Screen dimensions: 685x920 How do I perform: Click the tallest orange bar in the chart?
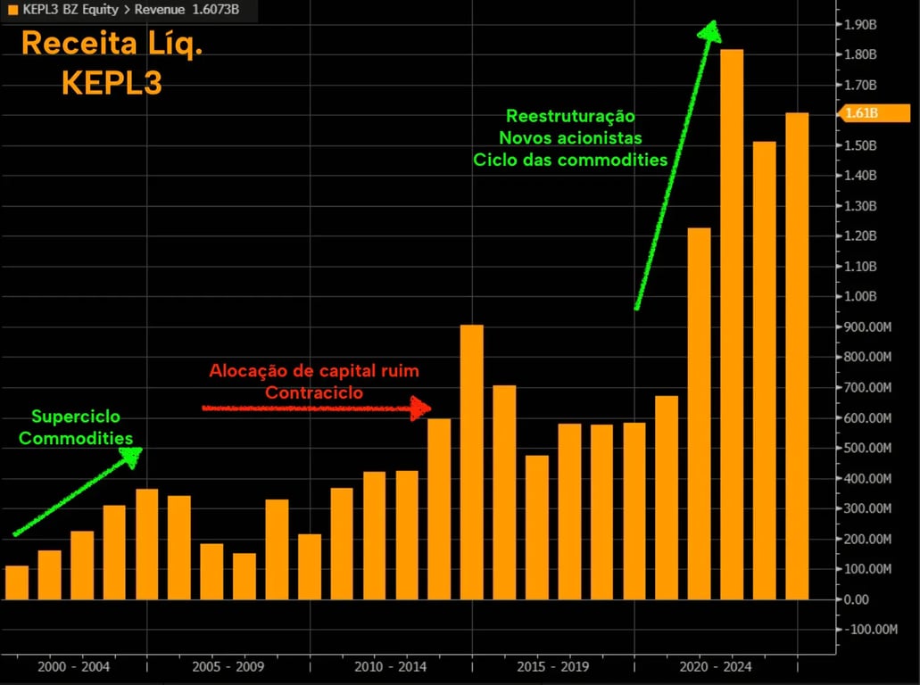(x=732, y=325)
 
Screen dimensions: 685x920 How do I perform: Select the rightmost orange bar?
(x=797, y=356)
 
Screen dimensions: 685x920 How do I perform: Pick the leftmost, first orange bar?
(x=17, y=582)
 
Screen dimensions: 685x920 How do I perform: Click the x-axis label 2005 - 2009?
(x=228, y=666)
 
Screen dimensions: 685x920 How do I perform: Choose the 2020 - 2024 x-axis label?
(x=716, y=666)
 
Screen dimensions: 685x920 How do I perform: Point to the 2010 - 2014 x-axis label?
(x=391, y=666)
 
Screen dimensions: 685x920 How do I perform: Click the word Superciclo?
(x=76, y=417)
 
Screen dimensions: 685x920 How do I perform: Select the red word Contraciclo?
(x=314, y=392)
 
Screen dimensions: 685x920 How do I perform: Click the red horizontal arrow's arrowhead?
(x=421, y=409)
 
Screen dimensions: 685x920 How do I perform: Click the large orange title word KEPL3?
(x=112, y=83)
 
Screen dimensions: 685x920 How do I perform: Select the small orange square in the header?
(x=12, y=11)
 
